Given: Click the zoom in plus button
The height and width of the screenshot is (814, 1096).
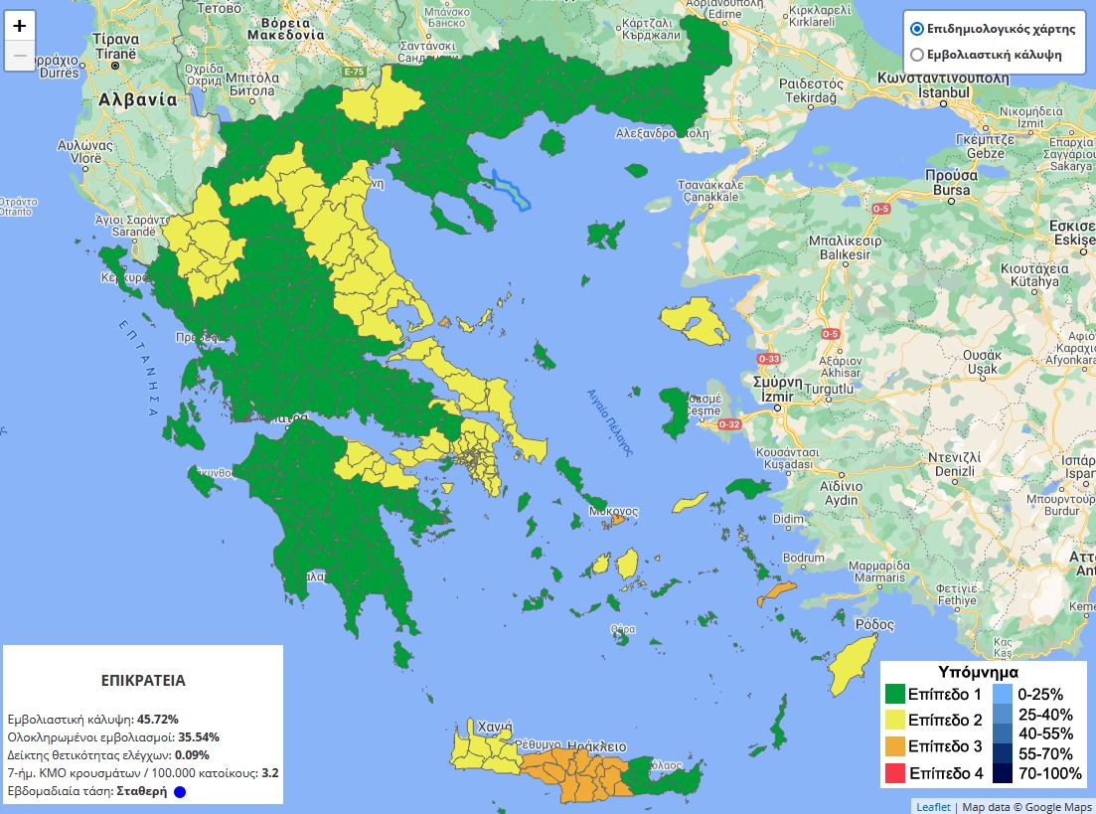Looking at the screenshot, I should click(20, 27).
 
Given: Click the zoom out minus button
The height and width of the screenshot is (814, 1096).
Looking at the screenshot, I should click(20, 56).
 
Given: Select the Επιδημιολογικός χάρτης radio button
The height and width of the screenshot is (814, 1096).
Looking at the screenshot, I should click(916, 29).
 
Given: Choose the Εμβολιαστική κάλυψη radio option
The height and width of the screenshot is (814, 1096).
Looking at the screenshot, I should click(916, 55).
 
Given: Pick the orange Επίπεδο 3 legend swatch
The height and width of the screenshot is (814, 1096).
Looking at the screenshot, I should click(895, 746).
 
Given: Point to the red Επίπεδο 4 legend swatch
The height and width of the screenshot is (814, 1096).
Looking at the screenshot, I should click(895, 772).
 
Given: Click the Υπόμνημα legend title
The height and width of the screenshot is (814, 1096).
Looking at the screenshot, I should click(978, 672).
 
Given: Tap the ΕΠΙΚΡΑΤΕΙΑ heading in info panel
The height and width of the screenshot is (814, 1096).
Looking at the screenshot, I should click(143, 681).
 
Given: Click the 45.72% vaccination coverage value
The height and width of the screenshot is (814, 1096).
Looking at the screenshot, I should click(158, 719).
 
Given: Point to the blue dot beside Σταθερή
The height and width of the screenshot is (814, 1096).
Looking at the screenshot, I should click(180, 792).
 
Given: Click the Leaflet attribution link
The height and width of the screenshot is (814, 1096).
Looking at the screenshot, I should click(932, 806).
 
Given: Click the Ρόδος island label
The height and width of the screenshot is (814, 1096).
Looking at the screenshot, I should click(874, 625).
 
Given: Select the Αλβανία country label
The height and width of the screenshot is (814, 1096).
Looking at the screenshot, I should click(137, 99).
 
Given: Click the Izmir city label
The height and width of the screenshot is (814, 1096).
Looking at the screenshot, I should click(776, 397).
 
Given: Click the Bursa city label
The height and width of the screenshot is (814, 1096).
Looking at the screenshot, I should click(951, 190).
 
